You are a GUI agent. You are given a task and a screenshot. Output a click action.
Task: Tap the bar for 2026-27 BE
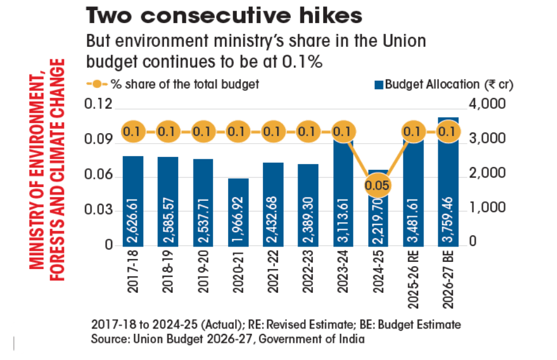click(x=448, y=184)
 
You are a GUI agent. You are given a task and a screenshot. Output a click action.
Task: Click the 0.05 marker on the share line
click(x=377, y=186)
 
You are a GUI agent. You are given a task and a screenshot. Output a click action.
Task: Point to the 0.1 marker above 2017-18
click(x=134, y=131)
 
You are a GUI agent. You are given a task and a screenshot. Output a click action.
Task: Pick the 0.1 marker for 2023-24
click(x=343, y=131)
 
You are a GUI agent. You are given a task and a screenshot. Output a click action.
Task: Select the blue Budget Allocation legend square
click(x=378, y=84)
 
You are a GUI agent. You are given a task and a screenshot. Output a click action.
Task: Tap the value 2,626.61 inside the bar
click(x=134, y=218)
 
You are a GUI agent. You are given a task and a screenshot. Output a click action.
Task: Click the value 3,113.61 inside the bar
click(x=343, y=218)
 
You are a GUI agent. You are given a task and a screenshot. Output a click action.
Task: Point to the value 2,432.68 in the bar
click(x=273, y=218)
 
